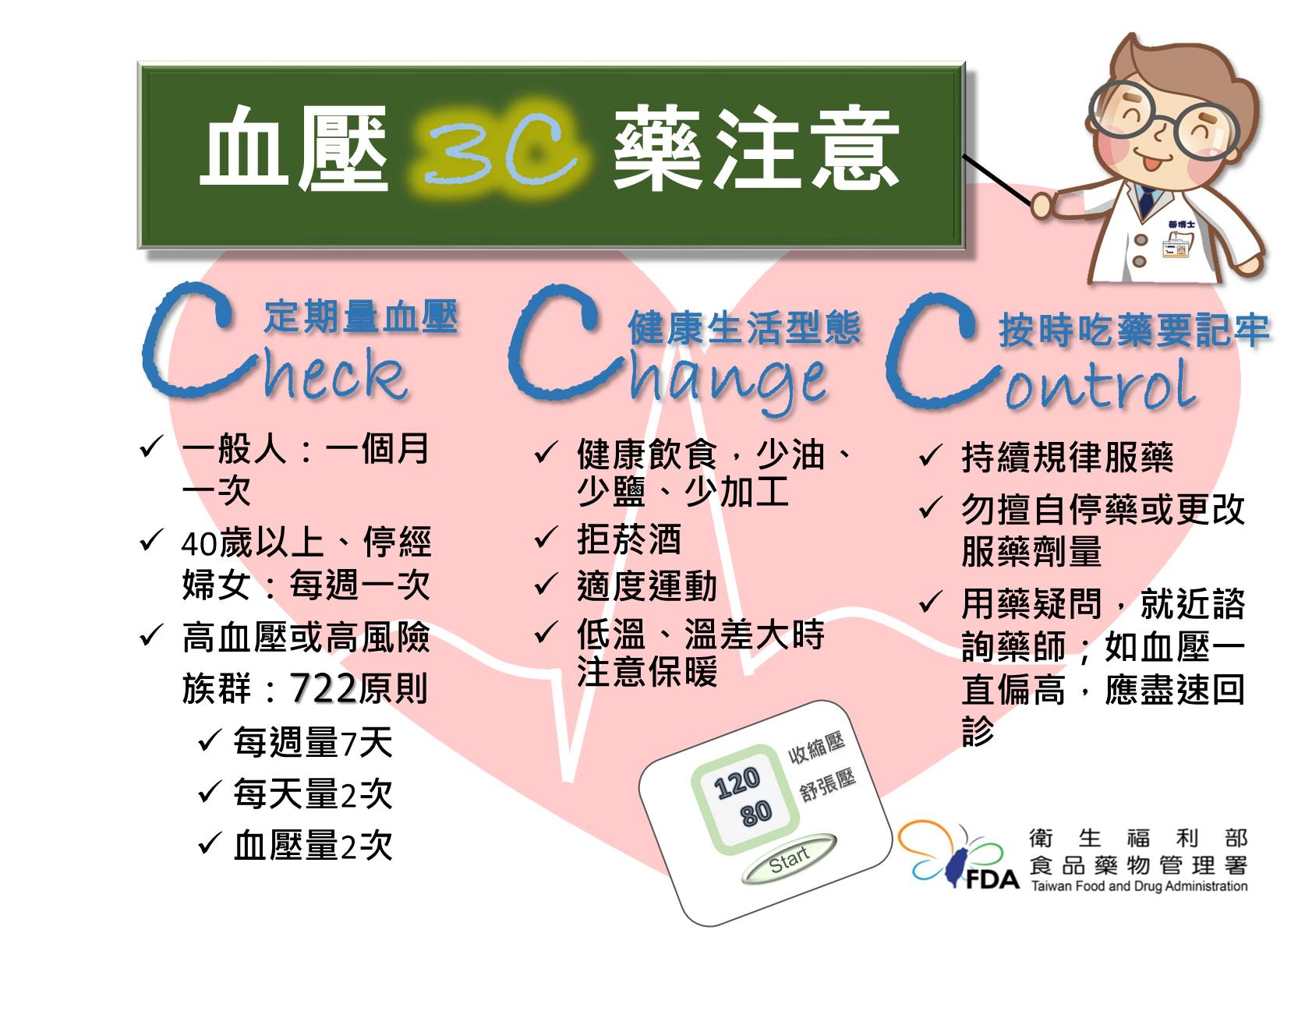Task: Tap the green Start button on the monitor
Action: coord(789,859)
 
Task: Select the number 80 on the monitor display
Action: coord(756,813)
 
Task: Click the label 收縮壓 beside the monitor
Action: coord(816,748)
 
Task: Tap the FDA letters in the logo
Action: coord(992,878)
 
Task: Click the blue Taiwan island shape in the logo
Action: coord(956,867)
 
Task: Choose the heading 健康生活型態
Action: coord(744,328)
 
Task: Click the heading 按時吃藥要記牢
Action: coord(1134,331)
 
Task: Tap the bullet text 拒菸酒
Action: coord(629,539)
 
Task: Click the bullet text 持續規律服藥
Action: coord(1067,457)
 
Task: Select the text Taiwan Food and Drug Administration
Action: coord(1139,886)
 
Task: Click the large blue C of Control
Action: coord(935,352)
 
